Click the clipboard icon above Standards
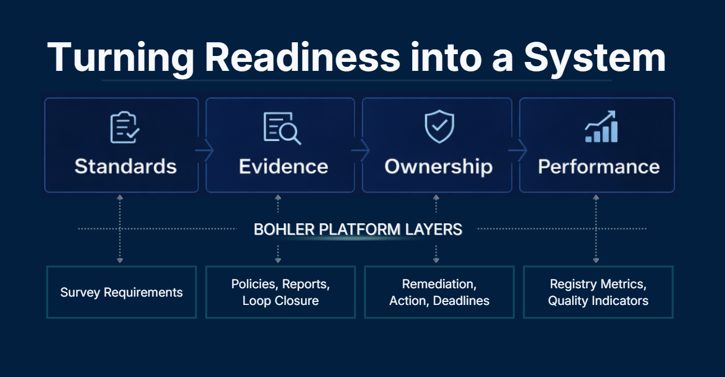[125, 128]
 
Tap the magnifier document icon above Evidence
[282, 128]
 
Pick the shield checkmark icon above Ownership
[439, 127]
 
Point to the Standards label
[125, 166]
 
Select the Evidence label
[283, 166]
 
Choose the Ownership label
[438, 167]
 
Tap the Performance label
[599, 166]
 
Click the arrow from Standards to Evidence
[203, 152]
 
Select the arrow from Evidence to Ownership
[360, 152]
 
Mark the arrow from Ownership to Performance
[517, 152]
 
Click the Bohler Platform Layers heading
[358, 229]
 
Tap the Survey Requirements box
[121, 292]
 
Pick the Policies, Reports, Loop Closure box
[280, 292]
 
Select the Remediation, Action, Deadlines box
[439, 292]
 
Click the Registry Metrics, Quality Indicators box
[598, 292]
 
